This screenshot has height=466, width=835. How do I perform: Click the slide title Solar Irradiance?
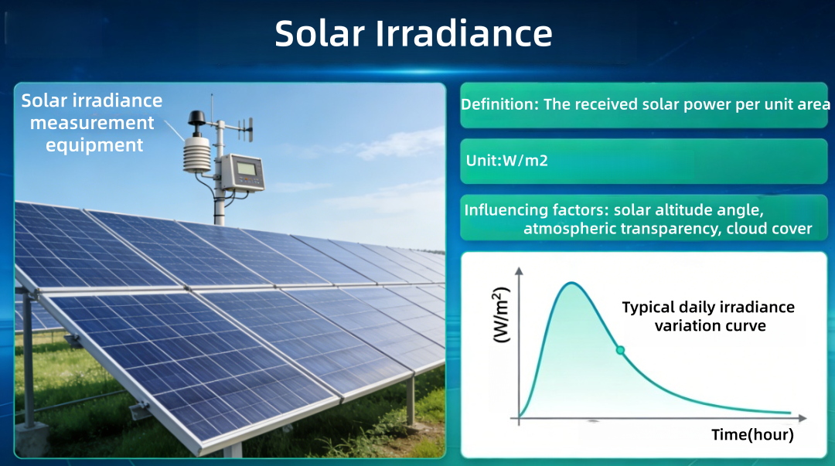tap(414, 34)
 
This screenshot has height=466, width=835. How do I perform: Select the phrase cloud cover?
tap(769, 228)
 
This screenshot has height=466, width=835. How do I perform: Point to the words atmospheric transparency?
tap(622, 228)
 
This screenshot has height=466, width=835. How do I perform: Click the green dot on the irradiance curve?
tap(619, 350)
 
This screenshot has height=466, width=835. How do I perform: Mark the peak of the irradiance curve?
tap(571, 283)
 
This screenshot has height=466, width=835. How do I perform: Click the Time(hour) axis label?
tap(752, 435)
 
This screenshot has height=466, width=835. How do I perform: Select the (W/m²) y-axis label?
tap(501, 315)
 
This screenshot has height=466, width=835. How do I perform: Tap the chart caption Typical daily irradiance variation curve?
tap(709, 316)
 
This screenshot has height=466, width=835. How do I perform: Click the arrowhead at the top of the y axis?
tap(519, 272)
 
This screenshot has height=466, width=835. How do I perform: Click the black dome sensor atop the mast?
tap(196, 117)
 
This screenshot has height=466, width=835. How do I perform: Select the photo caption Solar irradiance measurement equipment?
tap(92, 122)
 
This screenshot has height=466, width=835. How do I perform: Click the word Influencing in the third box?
tap(503, 210)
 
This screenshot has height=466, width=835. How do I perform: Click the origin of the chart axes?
tap(519, 418)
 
